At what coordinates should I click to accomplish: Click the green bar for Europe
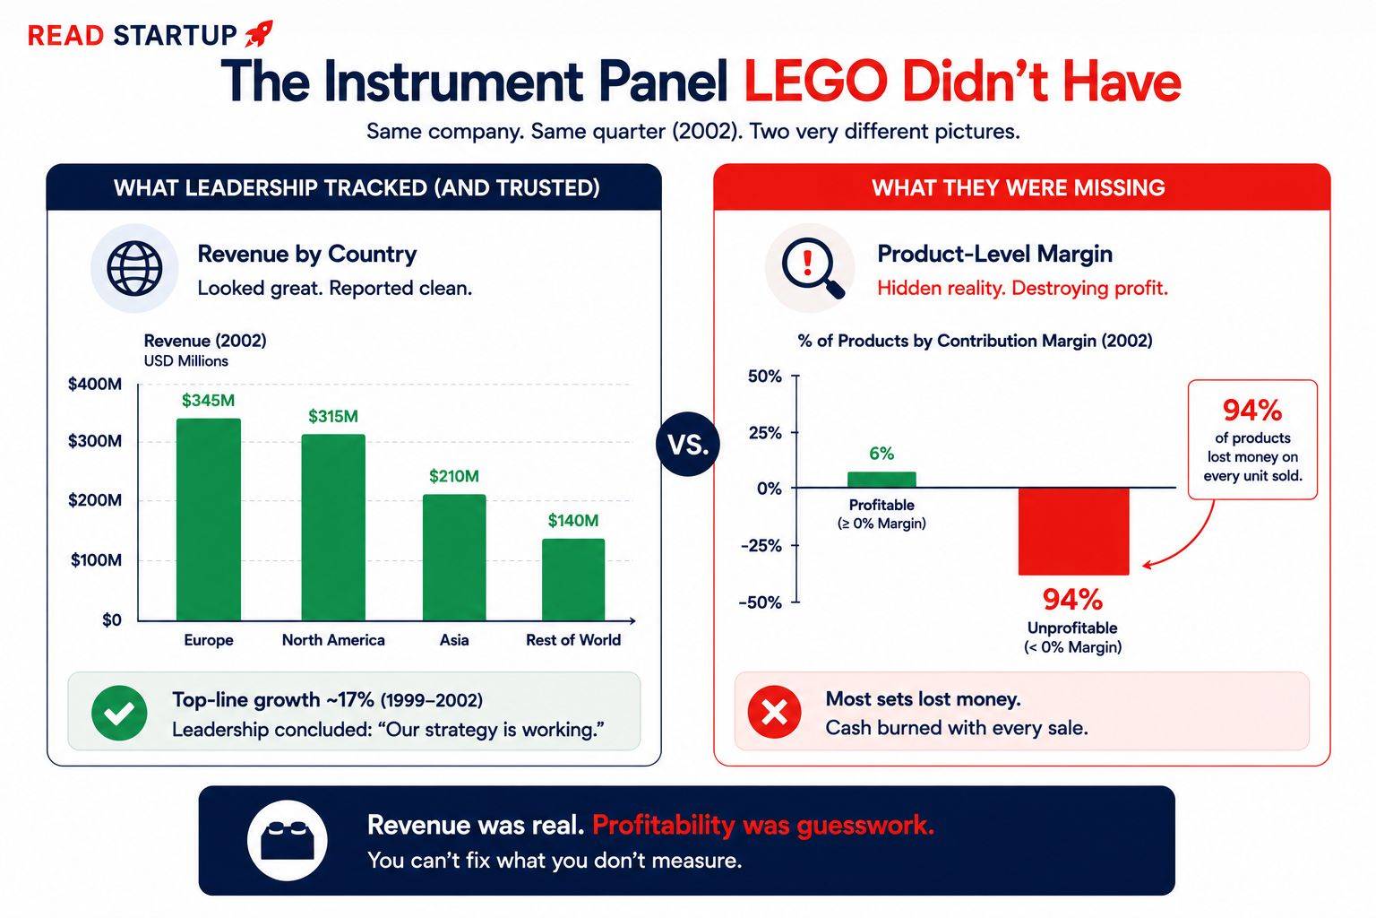point(208,520)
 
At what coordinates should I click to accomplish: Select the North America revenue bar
point(333,527)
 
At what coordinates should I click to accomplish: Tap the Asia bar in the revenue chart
point(454,558)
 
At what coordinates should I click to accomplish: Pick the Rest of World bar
point(573,580)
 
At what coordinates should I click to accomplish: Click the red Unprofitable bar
point(1073,532)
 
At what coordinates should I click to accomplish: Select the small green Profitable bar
point(881,480)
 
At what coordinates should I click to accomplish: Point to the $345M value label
point(208,401)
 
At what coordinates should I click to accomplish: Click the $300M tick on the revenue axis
point(95,441)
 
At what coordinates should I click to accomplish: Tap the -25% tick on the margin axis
point(761,545)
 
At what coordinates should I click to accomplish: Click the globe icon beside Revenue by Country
point(134,269)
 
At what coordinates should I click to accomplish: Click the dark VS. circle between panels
point(688,444)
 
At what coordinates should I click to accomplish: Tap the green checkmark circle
point(119,713)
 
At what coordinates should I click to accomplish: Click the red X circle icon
point(774,712)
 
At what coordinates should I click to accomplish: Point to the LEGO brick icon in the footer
point(288,840)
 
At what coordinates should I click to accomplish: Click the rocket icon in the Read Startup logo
point(259,33)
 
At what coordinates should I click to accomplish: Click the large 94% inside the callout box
point(1252,410)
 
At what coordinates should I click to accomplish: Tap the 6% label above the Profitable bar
point(881,454)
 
